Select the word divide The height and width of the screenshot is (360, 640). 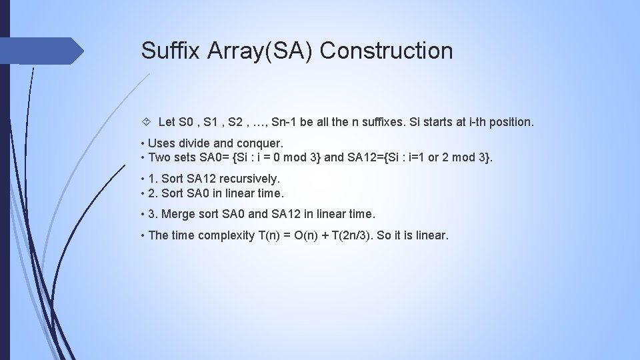[x=192, y=143]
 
